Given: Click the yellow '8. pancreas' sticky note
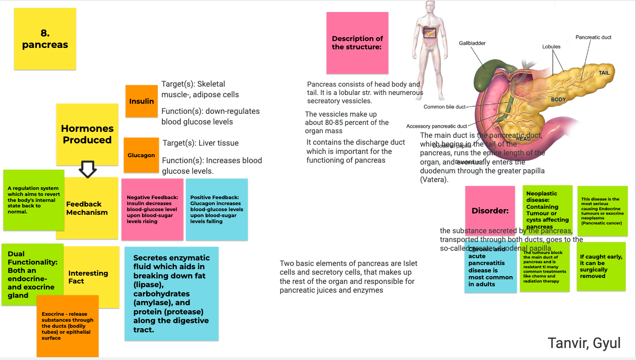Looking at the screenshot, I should coord(45,39).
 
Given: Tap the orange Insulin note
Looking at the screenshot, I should coord(141,101).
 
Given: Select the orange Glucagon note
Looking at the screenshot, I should coord(141,155).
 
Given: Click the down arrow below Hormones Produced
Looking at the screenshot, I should coord(88,169).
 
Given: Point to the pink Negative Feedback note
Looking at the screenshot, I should coord(153,209).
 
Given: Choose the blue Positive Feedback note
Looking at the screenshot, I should coord(217,209).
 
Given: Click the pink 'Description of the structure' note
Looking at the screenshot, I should coord(357,43).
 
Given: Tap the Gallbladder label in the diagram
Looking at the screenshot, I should coord(472,43).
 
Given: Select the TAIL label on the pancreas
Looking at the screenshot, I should coord(604,73).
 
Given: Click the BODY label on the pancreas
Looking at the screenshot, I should coord(558,100).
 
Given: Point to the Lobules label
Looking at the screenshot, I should coord(551,47).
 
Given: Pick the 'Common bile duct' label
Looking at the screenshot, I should coord(445,107).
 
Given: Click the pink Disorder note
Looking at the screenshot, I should coord(490,210).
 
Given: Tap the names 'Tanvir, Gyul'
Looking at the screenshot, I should coord(584,343).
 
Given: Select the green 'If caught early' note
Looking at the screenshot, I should coord(601,266).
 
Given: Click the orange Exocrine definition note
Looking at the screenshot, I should coord(67,326).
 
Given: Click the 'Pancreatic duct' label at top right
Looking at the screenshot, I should coord(593,37).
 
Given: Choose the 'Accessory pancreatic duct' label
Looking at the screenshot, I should coord(436,126).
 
